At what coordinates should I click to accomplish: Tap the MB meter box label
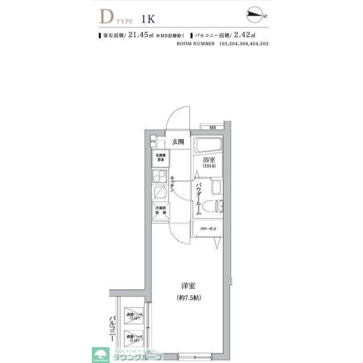[x=213, y=128]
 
